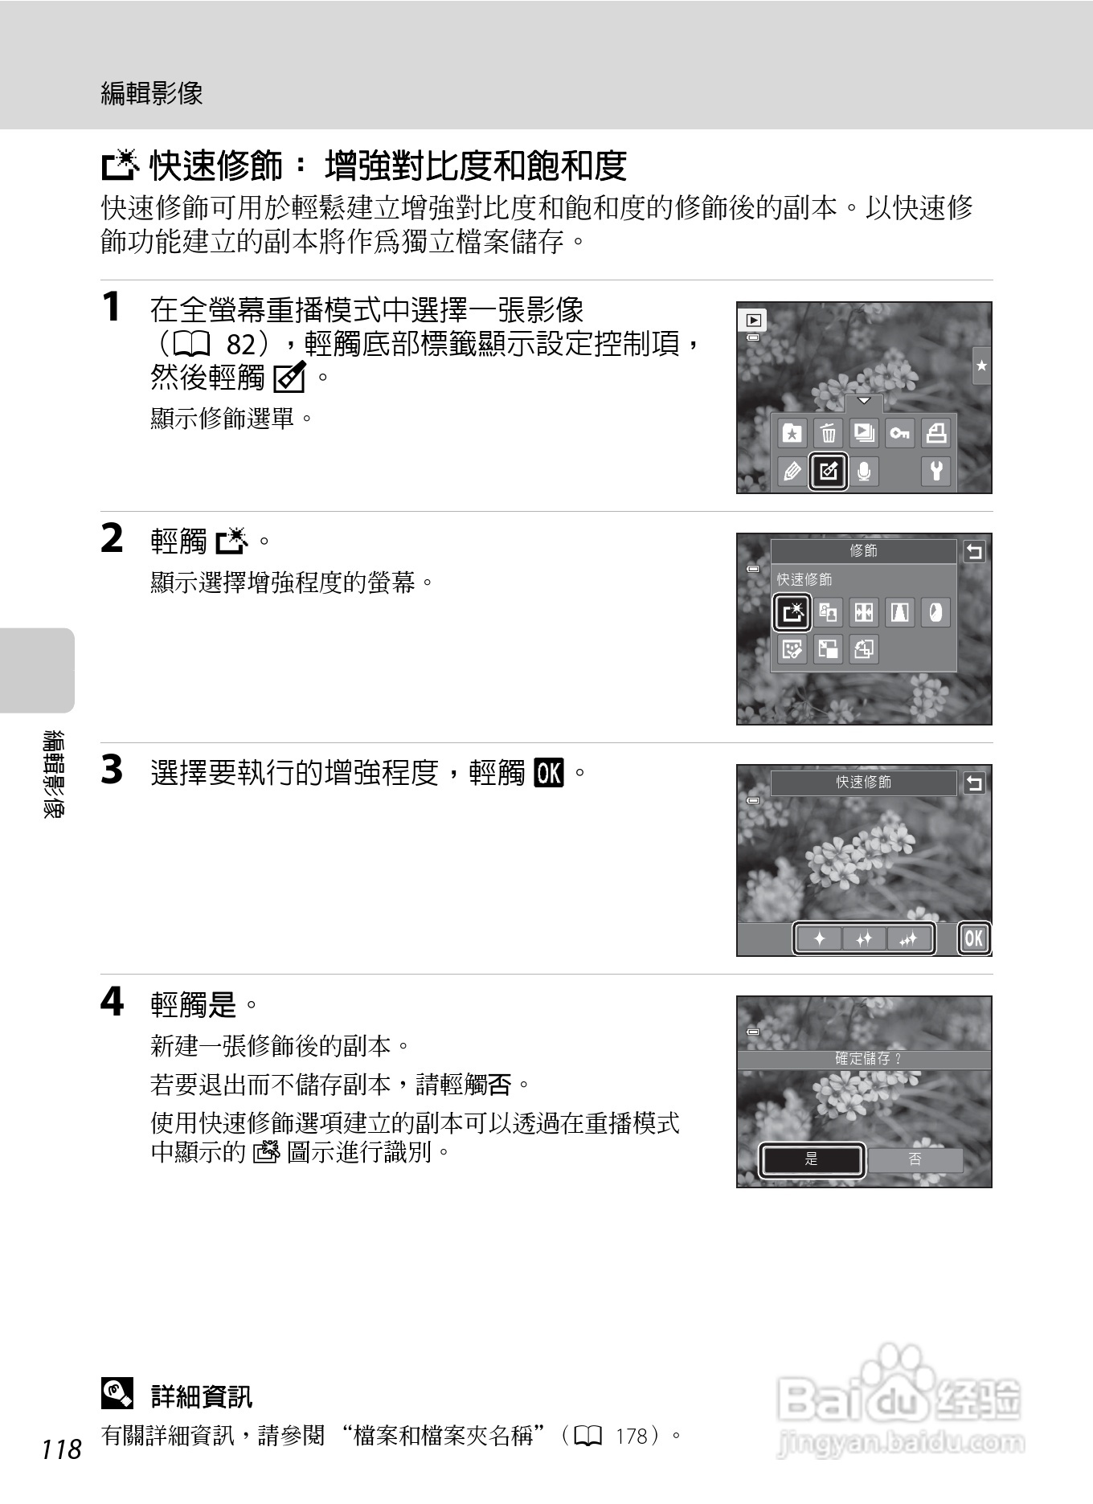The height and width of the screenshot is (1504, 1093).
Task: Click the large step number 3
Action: pyautogui.click(x=112, y=770)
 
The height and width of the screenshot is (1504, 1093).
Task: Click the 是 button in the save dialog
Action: pyautogui.click(x=812, y=1159)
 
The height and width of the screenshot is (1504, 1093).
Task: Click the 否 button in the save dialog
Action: pyautogui.click(x=915, y=1159)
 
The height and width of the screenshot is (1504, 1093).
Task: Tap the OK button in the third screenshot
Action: pyautogui.click(x=973, y=938)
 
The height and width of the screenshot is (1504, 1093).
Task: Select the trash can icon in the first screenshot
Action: pyautogui.click(x=828, y=434)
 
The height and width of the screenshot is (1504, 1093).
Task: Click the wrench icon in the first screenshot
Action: pyautogui.click(x=936, y=471)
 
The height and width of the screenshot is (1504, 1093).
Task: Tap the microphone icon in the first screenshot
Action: pyautogui.click(x=864, y=471)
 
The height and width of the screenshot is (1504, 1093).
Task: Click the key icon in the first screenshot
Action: pyautogui.click(x=899, y=434)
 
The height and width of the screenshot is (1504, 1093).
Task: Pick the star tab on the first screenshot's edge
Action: pyautogui.click(x=981, y=366)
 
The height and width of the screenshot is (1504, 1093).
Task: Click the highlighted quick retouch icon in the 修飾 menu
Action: pyautogui.click(x=792, y=613)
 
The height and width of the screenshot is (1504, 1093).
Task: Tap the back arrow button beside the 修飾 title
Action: pyautogui.click(x=974, y=552)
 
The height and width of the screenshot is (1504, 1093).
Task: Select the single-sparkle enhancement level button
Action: pyautogui.click(x=819, y=938)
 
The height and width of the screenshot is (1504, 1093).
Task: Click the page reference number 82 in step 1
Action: pyautogui.click(x=241, y=345)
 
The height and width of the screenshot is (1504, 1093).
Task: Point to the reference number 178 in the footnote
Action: pyautogui.click(x=632, y=1436)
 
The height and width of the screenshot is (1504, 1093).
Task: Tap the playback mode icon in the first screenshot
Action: pyautogui.click(x=753, y=320)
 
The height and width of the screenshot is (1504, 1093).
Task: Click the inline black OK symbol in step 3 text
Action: pyautogui.click(x=550, y=773)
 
